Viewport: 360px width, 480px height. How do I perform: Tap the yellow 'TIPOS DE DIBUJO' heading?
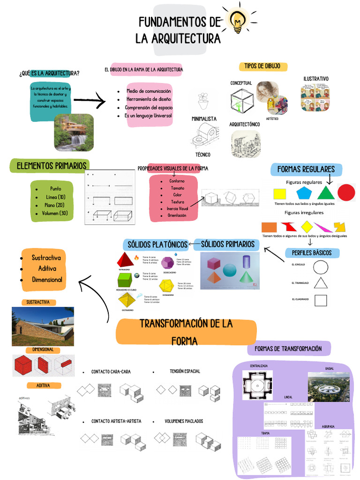click(x=262, y=67)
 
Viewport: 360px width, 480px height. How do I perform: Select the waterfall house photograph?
click(x=74, y=133)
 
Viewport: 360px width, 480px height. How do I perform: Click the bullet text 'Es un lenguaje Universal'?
click(x=148, y=116)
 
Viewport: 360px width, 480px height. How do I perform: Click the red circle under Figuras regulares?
click(x=346, y=193)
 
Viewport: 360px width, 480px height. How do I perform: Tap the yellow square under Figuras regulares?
click(x=279, y=194)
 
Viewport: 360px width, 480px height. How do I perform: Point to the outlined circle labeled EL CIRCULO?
click(x=321, y=267)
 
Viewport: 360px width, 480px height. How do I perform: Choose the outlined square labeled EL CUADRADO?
click(x=321, y=300)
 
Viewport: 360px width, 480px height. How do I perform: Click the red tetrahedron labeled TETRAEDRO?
click(x=125, y=260)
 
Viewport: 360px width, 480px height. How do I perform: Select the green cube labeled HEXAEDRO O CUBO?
click(x=125, y=280)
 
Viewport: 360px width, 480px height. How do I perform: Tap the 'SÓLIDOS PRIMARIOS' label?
click(x=227, y=244)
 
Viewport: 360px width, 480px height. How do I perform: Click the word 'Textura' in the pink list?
click(x=177, y=202)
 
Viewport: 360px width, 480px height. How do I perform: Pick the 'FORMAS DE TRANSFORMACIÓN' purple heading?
click(x=288, y=349)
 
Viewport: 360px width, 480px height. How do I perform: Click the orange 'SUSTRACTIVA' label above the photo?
click(x=38, y=302)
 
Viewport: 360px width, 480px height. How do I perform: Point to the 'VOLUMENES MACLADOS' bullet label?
click(x=184, y=421)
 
